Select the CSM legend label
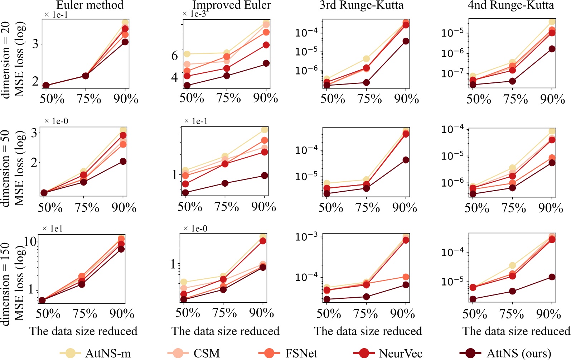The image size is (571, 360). pos(207,353)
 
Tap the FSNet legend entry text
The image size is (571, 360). pos(301,353)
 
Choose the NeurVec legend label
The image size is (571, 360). pos(401,353)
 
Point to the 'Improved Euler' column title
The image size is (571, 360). pos(232,5)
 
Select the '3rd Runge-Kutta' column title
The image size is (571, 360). pos(362,5)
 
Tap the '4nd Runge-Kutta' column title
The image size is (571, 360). pos(511,5)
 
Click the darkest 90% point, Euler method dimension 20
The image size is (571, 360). pos(125,42)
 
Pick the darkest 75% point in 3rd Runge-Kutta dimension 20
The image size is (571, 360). pos(366,82)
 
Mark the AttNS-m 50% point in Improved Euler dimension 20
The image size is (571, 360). pos(187,54)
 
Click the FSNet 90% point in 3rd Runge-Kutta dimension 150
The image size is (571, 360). pos(406,277)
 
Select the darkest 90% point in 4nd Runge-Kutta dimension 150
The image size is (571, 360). pos(552,277)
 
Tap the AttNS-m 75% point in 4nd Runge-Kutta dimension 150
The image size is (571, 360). pos(512,265)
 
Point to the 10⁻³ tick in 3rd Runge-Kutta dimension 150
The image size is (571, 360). pos(306,237)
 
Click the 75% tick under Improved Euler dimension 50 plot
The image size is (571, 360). pos(226,207)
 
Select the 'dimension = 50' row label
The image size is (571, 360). pos(6,168)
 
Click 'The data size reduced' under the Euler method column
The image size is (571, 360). pos(83,331)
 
